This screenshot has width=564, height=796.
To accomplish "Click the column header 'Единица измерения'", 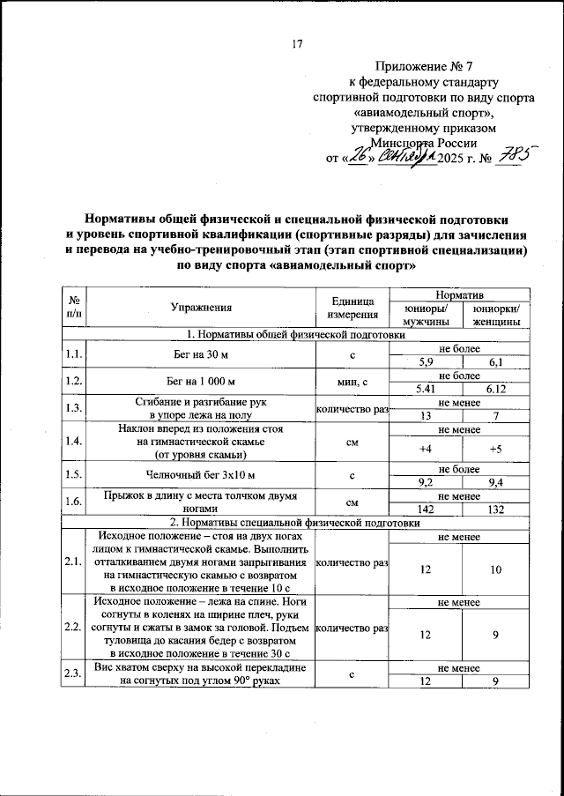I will click(x=352, y=308).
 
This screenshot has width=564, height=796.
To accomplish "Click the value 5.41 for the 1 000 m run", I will click(x=426, y=389).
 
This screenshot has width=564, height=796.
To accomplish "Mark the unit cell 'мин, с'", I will click(x=352, y=383).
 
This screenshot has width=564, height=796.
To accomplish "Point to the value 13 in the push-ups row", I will click(x=426, y=416).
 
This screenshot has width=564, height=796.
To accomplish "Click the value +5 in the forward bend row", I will click(x=496, y=449).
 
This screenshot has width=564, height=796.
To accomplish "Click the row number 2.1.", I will click(x=73, y=562).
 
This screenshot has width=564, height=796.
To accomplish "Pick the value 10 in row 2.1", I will click(x=496, y=569).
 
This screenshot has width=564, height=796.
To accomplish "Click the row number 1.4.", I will click(x=73, y=442).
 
